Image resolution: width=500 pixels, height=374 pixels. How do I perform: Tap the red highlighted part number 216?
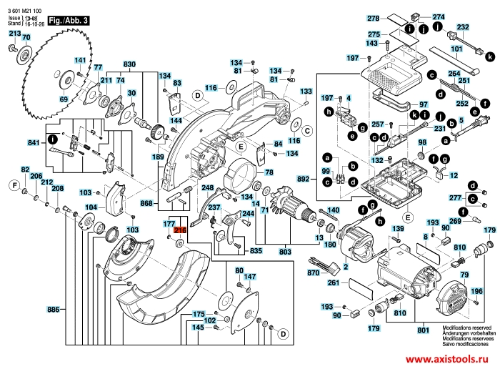pyautogui.click(x=180, y=230)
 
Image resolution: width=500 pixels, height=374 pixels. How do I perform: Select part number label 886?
pyautogui.click(x=53, y=310)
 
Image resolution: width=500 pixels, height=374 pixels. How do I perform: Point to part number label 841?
pyautogui.click(x=33, y=144)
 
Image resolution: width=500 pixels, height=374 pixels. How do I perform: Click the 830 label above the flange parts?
pyautogui.click(x=129, y=65)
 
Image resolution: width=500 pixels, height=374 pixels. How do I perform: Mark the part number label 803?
pyautogui.click(x=286, y=251)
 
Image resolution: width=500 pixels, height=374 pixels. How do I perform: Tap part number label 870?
pyautogui.click(x=313, y=274)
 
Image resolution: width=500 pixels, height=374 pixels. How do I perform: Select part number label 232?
pyautogui.click(x=464, y=27)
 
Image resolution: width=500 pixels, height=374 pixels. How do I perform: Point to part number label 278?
pyautogui.click(x=374, y=17)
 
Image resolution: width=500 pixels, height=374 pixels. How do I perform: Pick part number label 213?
pyautogui.click(x=14, y=34)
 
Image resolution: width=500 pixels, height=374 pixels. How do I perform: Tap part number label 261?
pyautogui.click(x=333, y=284)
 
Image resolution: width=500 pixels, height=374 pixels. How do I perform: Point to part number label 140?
pyautogui.click(x=332, y=210)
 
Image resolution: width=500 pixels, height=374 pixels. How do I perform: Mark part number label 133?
pyautogui.click(x=306, y=92)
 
